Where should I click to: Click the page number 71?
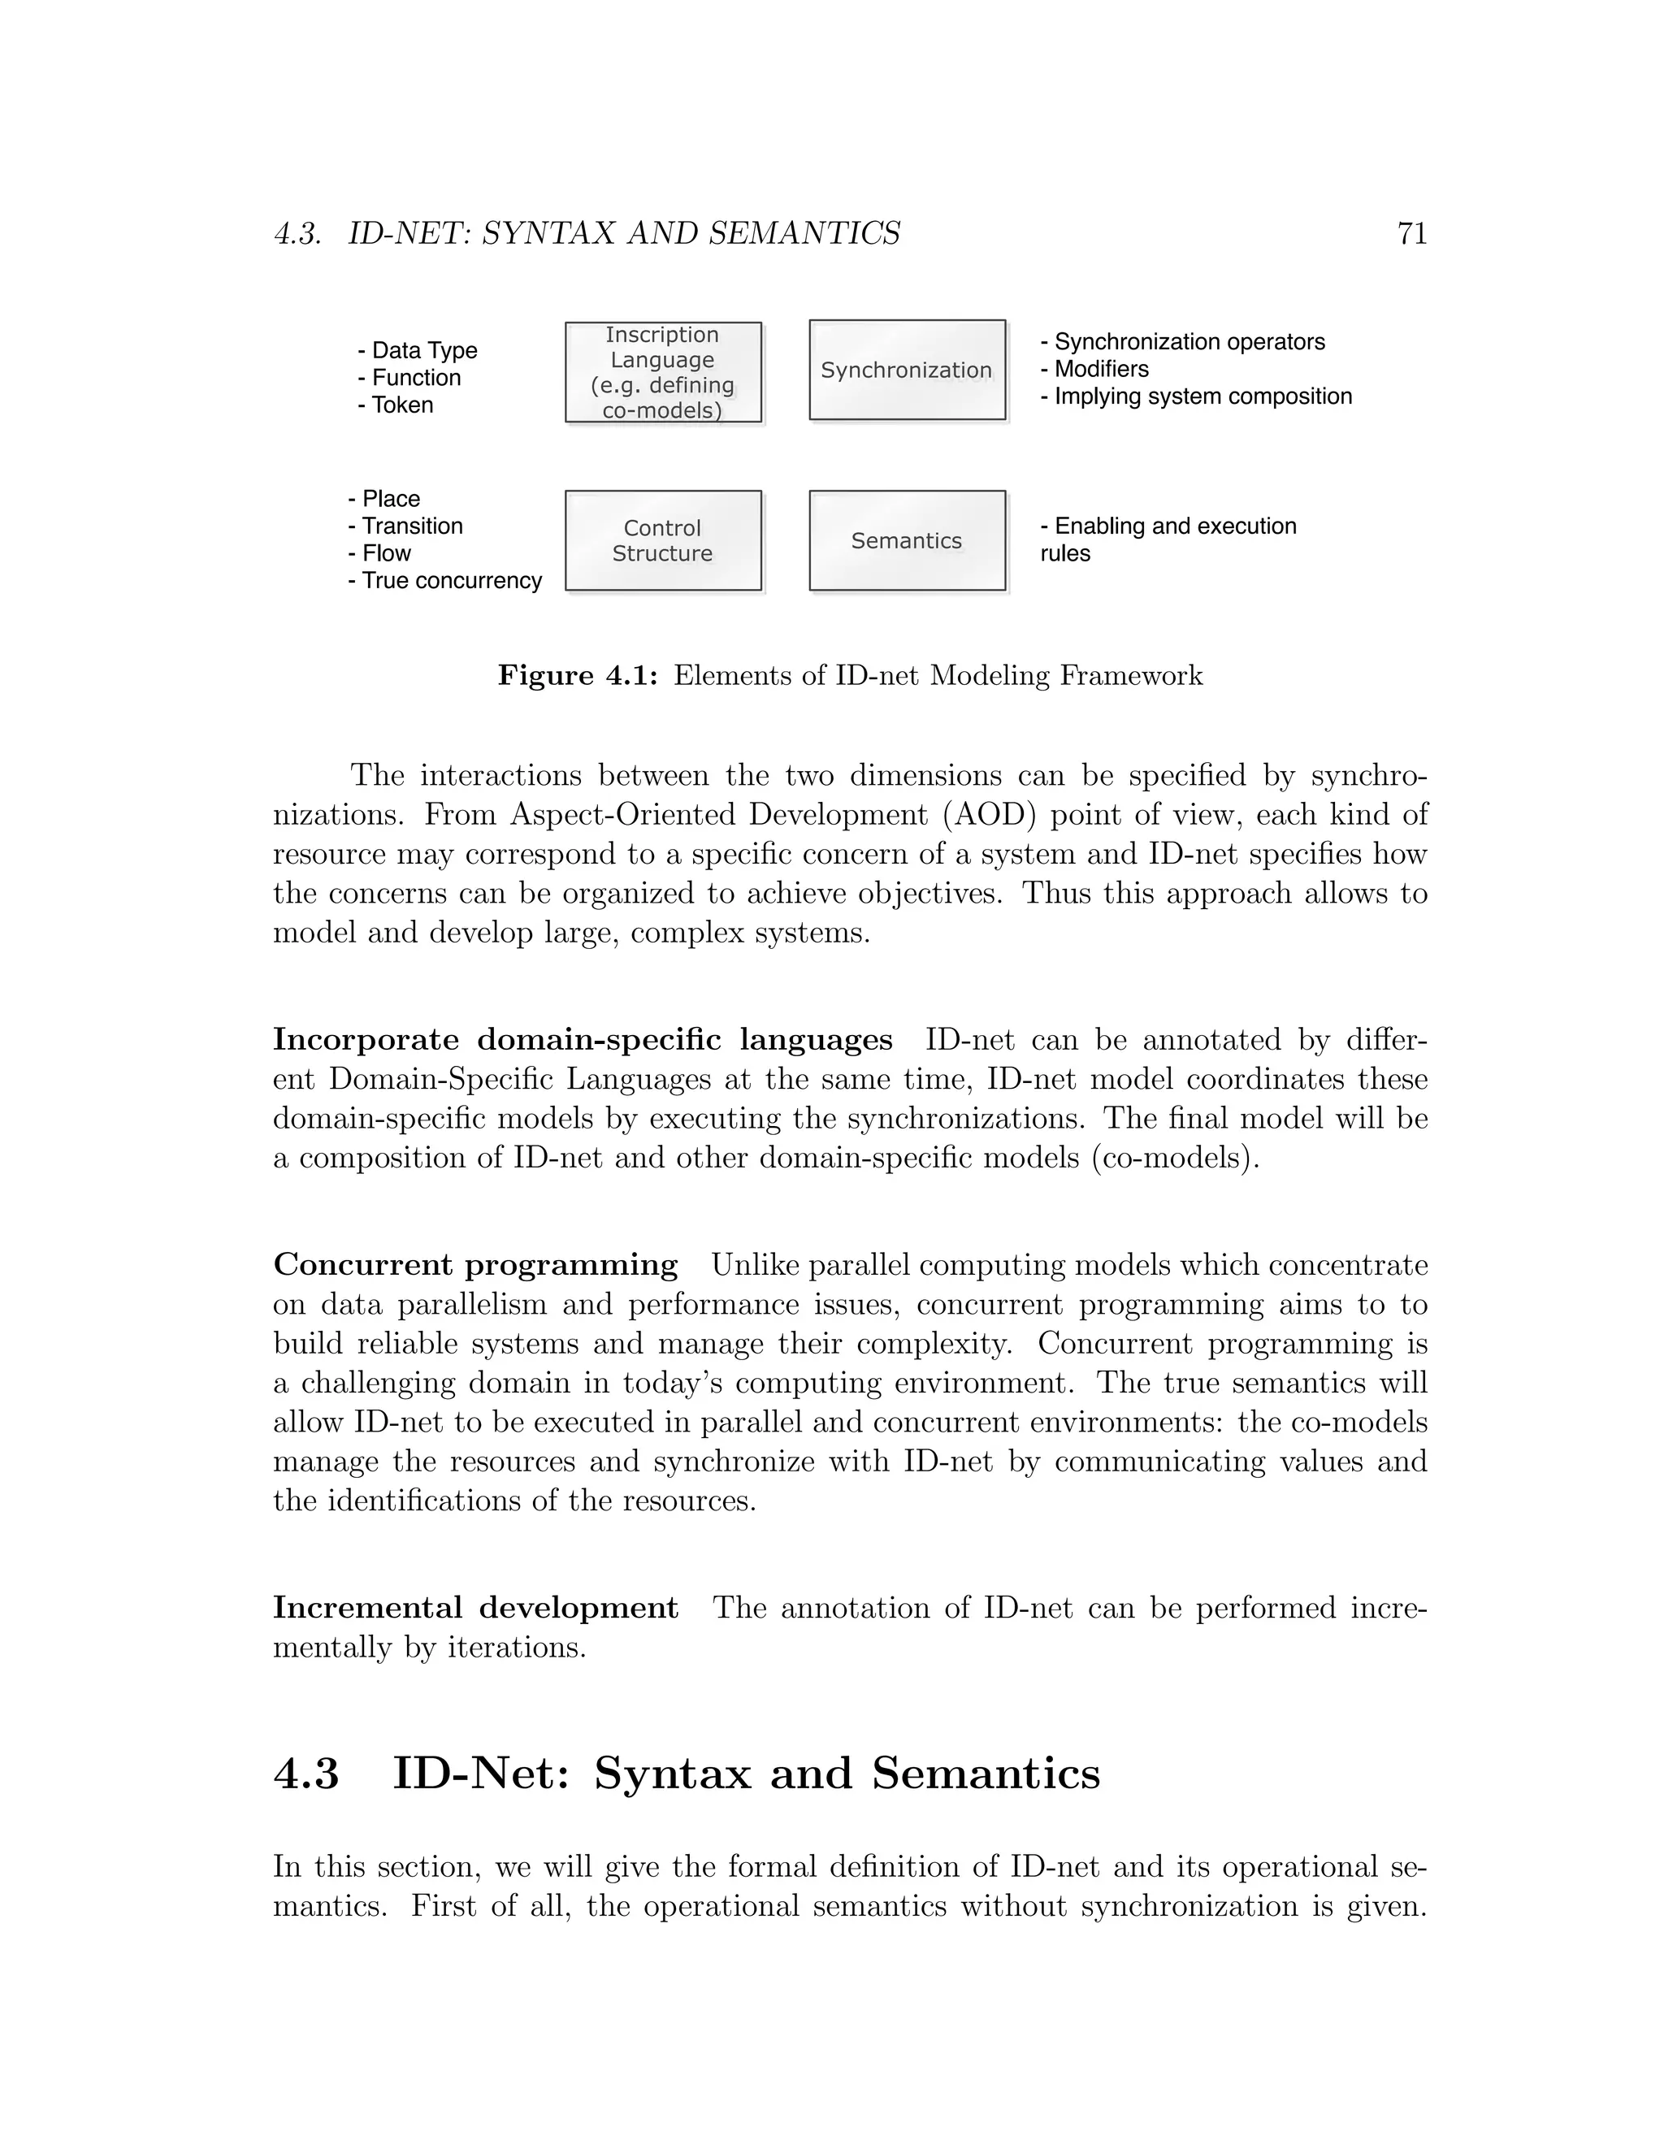click(1411, 234)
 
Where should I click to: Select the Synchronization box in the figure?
click(907, 370)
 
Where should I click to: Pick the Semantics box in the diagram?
click(907, 540)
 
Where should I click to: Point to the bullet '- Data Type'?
click(417, 351)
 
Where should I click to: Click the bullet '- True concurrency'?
click(444, 581)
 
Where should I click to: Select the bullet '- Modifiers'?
click(1094, 370)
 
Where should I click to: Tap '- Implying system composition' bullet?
click(1196, 396)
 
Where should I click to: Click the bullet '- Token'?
click(396, 405)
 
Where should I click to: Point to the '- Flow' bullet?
click(379, 553)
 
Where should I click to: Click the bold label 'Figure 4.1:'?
click(577, 676)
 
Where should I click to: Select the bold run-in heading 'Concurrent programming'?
click(475, 1265)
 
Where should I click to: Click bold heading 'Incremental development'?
click(475, 1608)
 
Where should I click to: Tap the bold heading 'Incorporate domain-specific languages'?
click(582, 1040)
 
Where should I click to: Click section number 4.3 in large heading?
click(306, 1774)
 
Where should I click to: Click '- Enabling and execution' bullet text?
click(1168, 526)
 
